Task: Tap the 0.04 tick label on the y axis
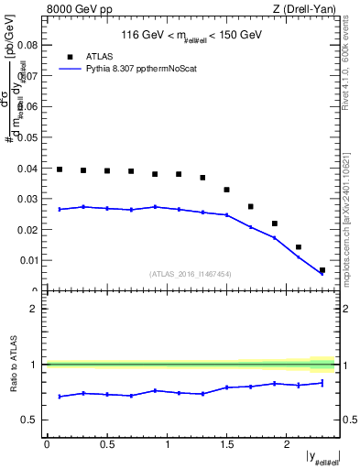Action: [27, 168]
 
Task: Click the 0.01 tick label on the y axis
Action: [27, 260]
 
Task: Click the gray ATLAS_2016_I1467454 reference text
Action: [191, 273]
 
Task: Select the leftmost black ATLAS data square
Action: [60, 169]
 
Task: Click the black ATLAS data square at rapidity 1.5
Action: [227, 190]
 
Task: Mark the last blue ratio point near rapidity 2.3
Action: [322, 383]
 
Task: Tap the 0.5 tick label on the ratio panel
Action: [28, 420]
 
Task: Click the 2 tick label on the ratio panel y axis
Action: [33, 309]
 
